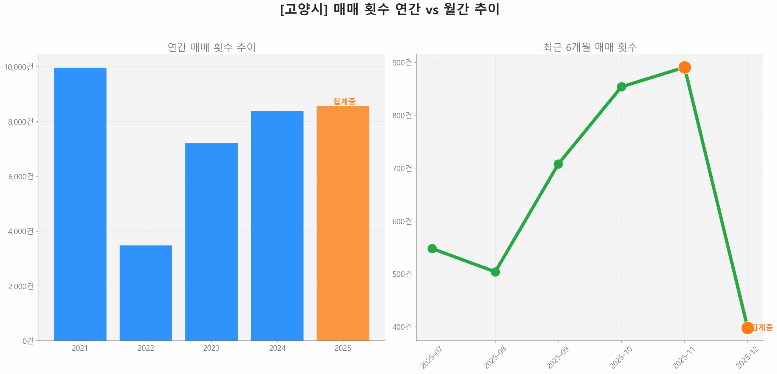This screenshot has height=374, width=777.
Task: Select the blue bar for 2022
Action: pyautogui.click(x=146, y=292)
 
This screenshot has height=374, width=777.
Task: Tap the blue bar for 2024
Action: pyautogui.click(x=277, y=225)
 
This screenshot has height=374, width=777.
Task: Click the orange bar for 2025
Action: pyautogui.click(x=343, y=223)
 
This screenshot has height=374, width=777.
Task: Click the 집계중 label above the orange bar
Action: pyautogui.click(x=344, y=102)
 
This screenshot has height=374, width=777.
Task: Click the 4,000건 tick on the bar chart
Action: pyautogui.click(x=21, y=231)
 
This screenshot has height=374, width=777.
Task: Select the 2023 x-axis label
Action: pyautogui.click(x=211, y=348)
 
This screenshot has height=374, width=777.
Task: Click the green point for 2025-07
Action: pyautogui.click(x=432, y=249)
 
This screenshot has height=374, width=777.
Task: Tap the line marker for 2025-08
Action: pyautogui.click(x=495, y=272)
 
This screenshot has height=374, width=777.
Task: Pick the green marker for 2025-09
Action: pyautogui.click(x=558, y=164)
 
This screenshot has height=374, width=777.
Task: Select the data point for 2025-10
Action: pyautogui.click(x=621, y=87)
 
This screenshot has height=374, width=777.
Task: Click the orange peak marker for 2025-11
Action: pyautogui.click(x=684, y=67)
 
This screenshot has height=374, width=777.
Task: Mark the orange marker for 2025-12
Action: pyautogui.click(x=747, y=328)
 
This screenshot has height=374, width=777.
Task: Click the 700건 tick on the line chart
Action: pyautogui.click(x=402, y=168)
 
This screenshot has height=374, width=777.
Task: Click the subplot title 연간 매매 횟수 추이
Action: pyautogui.click(x=212, y=47)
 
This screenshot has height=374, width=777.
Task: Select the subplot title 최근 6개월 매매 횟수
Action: pyautogui.click(x=589, y=47)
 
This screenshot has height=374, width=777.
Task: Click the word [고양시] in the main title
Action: pyautogui.click(x=304, y=9)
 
